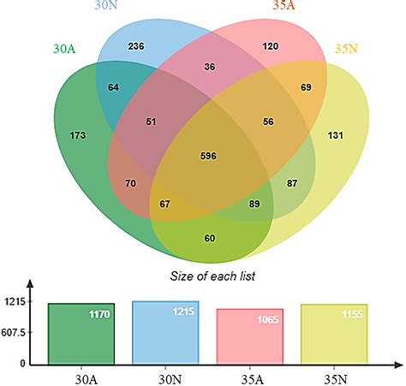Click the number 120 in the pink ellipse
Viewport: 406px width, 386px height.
click(x=271, y=45)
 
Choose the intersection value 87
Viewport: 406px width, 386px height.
click(x=291, y=183)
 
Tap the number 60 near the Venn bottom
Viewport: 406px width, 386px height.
click(x=210, y=237)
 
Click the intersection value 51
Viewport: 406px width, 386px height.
click(x=128, y=122)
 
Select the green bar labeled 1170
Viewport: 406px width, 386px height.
click(x=81, y=333)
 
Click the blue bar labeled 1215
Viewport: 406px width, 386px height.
click(x=164, y=332)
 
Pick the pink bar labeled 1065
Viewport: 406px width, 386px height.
click(x=249, y=336)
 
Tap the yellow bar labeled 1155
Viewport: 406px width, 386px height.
click(x=334, y=334)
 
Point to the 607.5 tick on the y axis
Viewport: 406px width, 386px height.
click(x=13, y=332)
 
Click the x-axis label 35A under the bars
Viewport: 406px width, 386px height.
click(x=250, y=374)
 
